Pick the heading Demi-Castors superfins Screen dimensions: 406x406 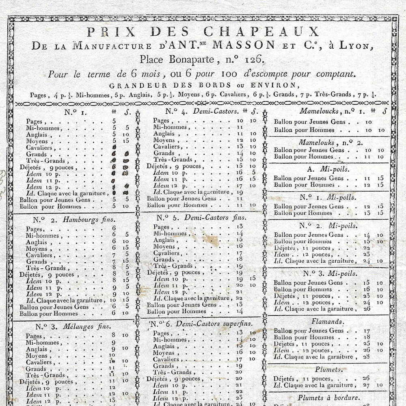218,324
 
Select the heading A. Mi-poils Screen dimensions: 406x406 329,169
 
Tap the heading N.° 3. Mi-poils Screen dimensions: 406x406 329,273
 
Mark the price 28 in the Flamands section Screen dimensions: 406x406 366,357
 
